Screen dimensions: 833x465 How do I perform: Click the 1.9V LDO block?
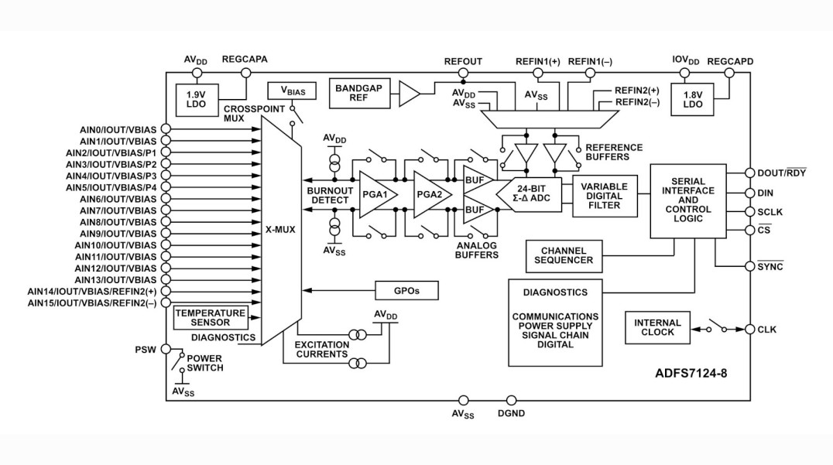coord(196,99)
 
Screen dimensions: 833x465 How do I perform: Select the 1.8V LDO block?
coord(692,99)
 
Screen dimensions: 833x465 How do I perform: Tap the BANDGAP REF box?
coord(360,94)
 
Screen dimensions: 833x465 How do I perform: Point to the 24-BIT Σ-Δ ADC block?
coord(529,194)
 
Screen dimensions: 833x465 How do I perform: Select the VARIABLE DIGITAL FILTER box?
coord(605,196)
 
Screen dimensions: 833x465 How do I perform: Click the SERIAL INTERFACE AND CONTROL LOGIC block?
coord(688,200)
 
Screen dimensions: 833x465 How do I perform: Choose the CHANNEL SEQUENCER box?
coord(564,256)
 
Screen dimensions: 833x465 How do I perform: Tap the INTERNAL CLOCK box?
coord(657,327)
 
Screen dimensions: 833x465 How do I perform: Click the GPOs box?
coord(407,290)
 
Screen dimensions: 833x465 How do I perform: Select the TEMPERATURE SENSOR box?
coord(211,317)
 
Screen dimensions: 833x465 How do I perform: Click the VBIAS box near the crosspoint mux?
coord(292,91)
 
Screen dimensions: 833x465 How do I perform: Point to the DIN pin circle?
coord(749,193)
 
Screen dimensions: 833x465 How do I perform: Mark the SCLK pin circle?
coord(749,212)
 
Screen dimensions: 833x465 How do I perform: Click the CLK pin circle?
coord(749,329)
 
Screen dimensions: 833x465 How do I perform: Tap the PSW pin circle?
coord(166,349)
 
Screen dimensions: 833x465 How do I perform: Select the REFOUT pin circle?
coord(463,74)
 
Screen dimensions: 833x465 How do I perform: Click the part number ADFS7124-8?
coord(691,373)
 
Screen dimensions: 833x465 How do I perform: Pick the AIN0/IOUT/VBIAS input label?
coord(118,129)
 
